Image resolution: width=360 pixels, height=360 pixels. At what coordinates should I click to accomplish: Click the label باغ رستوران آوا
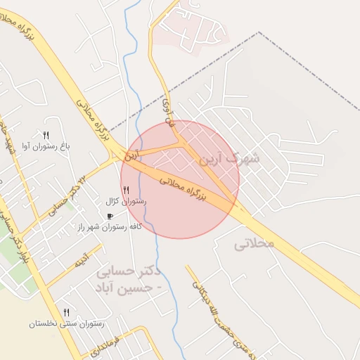47,146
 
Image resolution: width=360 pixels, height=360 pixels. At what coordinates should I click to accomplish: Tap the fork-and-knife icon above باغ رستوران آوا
46,134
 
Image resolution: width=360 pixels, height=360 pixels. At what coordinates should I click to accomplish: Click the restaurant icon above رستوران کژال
126,190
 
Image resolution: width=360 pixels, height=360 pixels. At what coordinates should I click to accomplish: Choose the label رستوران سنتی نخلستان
66,323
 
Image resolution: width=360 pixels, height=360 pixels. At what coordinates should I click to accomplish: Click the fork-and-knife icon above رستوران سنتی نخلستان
66,311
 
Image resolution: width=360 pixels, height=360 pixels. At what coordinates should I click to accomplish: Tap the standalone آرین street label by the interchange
134,155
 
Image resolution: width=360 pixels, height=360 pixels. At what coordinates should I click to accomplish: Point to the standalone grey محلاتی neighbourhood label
254,245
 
